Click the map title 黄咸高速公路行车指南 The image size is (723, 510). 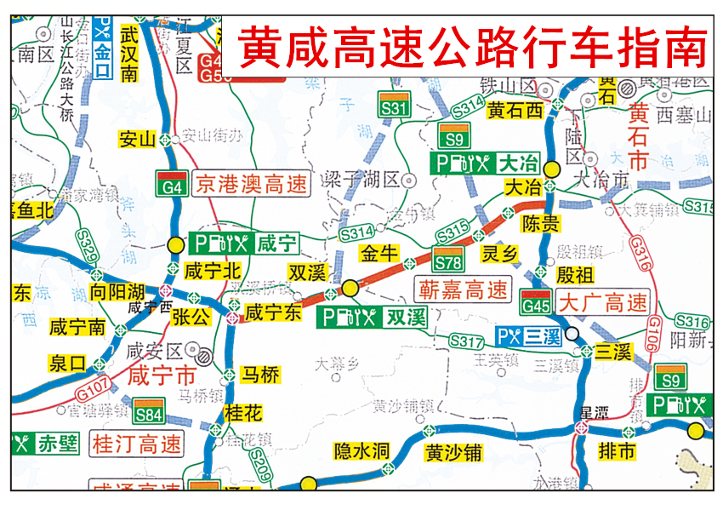point(472,47)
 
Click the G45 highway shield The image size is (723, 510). point(536,301)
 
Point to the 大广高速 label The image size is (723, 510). point(603,301)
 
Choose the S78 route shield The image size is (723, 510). point(447,259)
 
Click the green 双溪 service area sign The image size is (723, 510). point(372,318)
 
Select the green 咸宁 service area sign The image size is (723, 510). point(244,244)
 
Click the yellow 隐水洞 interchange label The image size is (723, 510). point(361,451)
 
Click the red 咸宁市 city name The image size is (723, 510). point(162,375)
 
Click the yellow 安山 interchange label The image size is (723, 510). point(137,139)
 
